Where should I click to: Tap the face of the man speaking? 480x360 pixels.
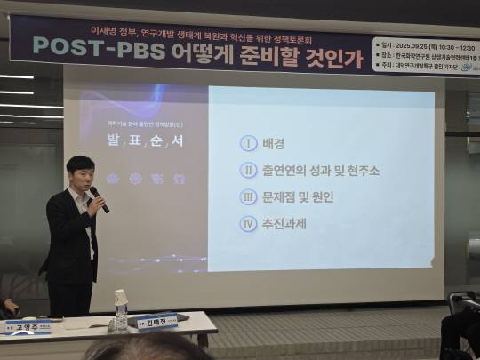coord(81,174)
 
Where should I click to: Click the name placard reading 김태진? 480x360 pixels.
coord(158,322)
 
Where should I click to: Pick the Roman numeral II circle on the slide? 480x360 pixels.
coord(248,170)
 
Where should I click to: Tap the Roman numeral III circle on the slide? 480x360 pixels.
coord(248,196)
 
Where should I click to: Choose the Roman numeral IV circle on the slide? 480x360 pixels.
coord(248,223)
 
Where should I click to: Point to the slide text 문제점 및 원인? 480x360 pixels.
coord(299,196)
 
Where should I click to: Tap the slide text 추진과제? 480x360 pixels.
coord(285,223)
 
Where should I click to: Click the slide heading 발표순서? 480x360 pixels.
coord(143,142)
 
